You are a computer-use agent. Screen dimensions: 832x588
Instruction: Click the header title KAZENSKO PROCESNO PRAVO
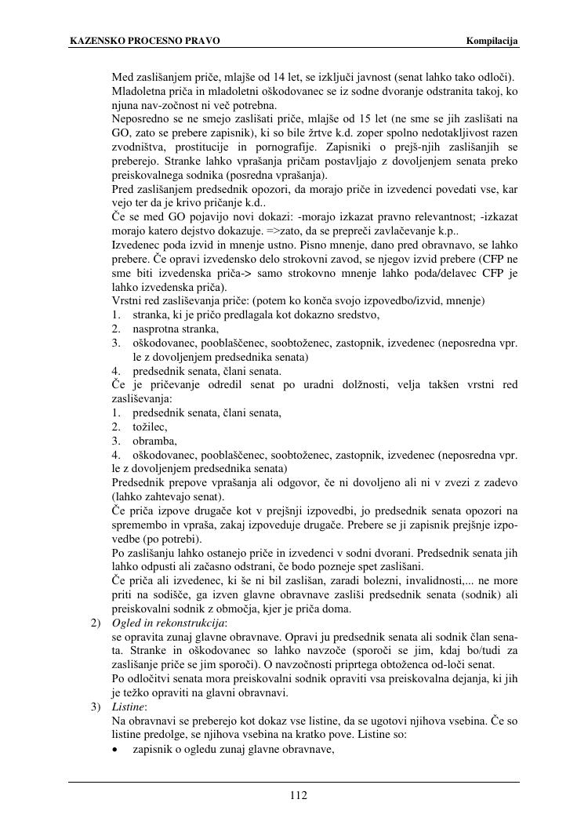point(145,40)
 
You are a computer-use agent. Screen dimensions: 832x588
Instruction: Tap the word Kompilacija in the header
point(492,40)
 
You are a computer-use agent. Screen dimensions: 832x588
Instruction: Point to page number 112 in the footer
point(298,796)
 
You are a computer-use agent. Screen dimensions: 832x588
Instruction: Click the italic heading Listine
point(130,707)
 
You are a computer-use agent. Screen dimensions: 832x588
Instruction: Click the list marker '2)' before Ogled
point(96,623)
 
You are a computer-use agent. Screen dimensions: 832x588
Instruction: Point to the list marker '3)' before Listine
point(96,707)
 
